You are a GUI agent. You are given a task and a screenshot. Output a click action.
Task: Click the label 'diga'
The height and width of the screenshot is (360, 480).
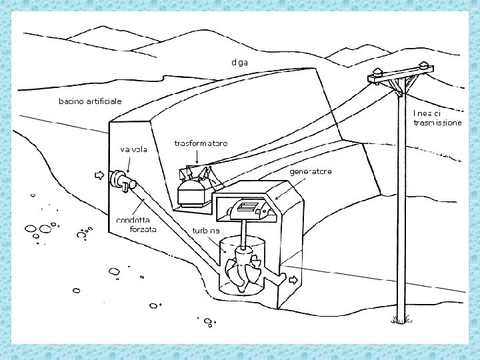(x=239, y=62)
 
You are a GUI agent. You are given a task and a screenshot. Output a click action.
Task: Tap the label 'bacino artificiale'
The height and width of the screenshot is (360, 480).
(x=90, y=101)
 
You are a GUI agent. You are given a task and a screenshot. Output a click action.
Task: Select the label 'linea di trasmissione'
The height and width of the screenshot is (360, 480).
(x=437, y=117)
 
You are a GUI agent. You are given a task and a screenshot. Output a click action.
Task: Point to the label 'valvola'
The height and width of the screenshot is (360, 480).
(x=134, y=149)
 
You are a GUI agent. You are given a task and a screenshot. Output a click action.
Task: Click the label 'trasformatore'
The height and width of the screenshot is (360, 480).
(x=201, y=143)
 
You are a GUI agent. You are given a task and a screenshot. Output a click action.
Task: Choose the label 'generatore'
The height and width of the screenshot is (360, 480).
(x=310, y=171)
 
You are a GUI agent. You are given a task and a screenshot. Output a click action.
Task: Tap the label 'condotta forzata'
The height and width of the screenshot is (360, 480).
(x=137, y=224)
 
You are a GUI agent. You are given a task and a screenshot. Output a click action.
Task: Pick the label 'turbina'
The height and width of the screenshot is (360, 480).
(x=206, y=230)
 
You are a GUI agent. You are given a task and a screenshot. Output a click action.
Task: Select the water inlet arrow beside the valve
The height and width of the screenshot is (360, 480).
(x=100, y=175)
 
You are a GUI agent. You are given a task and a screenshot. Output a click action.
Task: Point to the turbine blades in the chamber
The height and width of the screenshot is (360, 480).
(x=241, y=269)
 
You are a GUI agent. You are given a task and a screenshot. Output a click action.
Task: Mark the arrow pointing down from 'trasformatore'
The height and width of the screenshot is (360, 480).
(x=199, y=157)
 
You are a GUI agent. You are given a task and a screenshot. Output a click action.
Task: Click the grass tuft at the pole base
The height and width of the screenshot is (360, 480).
(x=400, y=319)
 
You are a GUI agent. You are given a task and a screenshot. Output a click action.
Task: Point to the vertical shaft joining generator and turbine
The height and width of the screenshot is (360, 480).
(x=244, y=233)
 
